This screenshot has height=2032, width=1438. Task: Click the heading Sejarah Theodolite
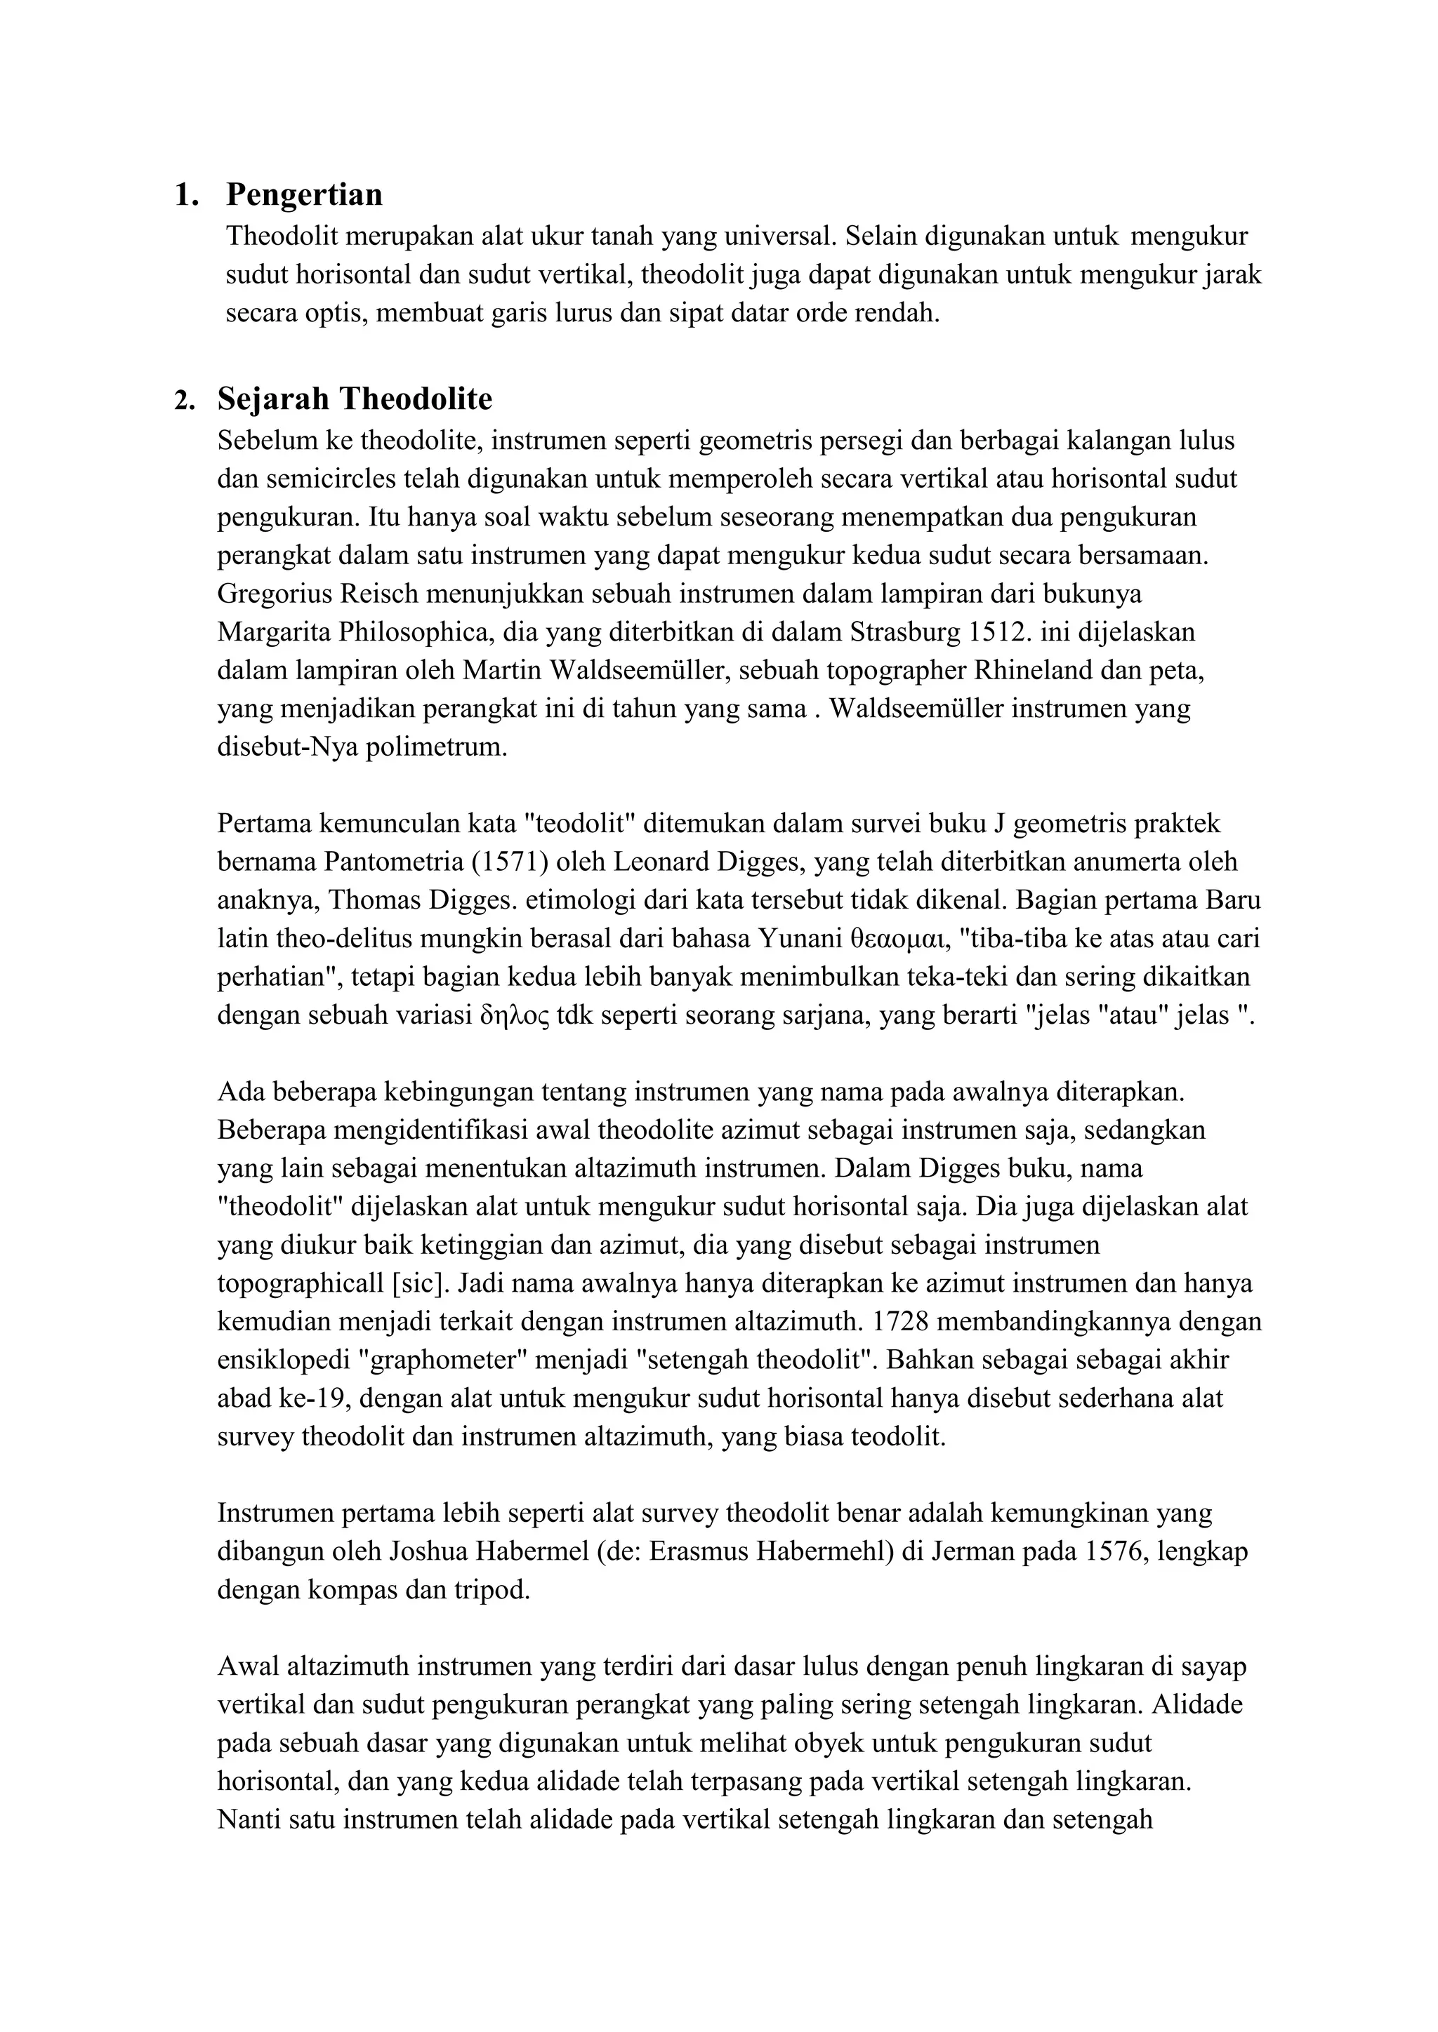tap(354, 400)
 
